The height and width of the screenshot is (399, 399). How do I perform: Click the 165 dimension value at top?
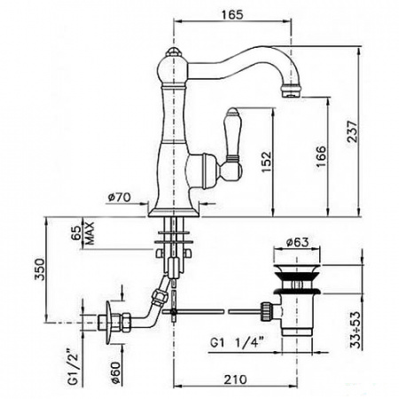[233, 14]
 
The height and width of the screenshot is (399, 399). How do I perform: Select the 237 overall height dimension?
[352, 131]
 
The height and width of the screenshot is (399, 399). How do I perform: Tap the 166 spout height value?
[321, 156]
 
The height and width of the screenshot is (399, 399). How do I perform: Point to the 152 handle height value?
[266, 161]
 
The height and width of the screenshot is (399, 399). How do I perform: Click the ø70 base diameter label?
[119, 197]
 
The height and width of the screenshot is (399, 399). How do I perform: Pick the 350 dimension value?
[40, 270]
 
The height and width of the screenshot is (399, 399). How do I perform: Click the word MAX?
[90, 233]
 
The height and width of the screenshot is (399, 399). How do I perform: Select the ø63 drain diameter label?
[297, 242]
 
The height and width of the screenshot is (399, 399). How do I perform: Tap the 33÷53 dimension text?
[356, 330]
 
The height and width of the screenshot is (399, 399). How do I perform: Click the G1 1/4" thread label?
[237, 343]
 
